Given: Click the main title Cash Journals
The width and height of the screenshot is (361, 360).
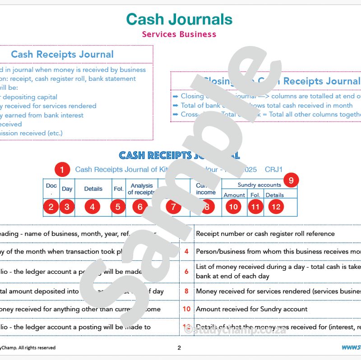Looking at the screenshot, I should pyautogui.click(x=179, y=19).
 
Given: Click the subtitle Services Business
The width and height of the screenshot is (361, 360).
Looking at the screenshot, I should pyautogui.click(x=179, y=34).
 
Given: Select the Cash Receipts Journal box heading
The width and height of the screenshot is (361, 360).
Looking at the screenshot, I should pyautogui.click(x=62, y=55).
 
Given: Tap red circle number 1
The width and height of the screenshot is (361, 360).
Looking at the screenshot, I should pyautogui.click(x=62, y=170).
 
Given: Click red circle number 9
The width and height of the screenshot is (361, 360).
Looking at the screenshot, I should pyautogui.click(x=291, y=180).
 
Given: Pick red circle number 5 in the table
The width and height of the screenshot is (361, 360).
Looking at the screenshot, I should pyautogui.click(x=118, y=207).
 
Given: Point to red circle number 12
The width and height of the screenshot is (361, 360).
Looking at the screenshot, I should pyautogui.click(x=276, y=207).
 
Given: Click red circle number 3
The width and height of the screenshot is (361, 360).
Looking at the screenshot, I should pyautogui.click(x=67, y=207).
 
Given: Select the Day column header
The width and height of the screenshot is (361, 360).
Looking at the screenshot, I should pyautogui.click(x=67, y=189).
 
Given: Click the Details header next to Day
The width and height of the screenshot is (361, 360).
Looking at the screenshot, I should pyautogui.click(x=93, y=189).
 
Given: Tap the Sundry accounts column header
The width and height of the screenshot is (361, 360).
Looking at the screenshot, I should pyautogui.click(x=259, y=185).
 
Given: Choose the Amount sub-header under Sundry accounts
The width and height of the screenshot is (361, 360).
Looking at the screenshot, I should pyautogui.click(x=234, y=195).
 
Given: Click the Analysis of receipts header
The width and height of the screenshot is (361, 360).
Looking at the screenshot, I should pyautogui.click(x=141, y=189).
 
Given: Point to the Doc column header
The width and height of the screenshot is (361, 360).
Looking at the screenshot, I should pyautogui.click(x=51, y=186).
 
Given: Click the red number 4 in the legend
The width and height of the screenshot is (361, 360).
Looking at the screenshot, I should pyautogui.click(x=186, y=252).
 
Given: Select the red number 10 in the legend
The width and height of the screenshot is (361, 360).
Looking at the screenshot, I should pyautogui.click(x=186, y=309).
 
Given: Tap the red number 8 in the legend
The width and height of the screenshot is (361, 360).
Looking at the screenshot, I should pyautogui.click(x=186, y=291).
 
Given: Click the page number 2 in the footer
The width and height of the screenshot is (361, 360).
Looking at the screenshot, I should pyautogui.click(x=179, y=347).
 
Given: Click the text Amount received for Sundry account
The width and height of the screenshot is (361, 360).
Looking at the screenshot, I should pyautogui.click(x=251, y=309).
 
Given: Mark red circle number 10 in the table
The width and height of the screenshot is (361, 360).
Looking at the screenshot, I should pyautogui.click(x=233, y=207).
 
